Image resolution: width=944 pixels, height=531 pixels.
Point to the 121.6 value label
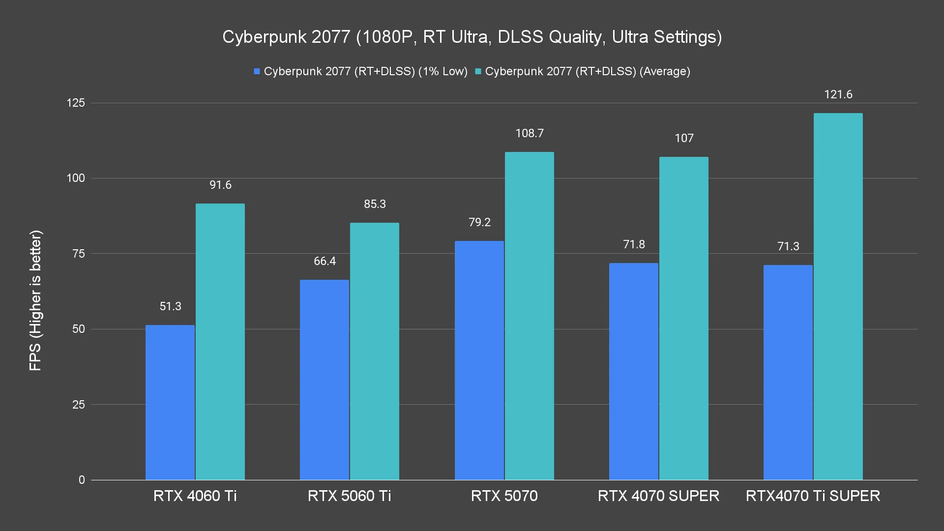pyautogui.click(x=838, y=94)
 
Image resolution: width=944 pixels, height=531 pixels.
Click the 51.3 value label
pyautogui.click(x=170, y=306)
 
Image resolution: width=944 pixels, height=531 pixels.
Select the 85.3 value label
pyautogui.click(x=375, y=204)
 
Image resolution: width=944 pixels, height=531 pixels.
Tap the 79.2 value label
pyautogui.click(x=479, y=222)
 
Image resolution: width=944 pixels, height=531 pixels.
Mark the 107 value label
pyautogui.click(x=684, y=138)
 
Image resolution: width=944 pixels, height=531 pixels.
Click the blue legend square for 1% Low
pyautogui.click(x=257, y=72)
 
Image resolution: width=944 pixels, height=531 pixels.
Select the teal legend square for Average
pyautogui.click(x=478, y=72)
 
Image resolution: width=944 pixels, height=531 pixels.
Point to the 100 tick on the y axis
pyautogui.click(x=76, y=178)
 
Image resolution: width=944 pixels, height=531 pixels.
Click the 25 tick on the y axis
pyautogui.click(x=79, y=405)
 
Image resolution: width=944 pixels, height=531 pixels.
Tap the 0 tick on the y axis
pyautogui.click(x=82, y=480)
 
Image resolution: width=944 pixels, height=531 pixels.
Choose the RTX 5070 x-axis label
pyautogui.click(x=504, y=496)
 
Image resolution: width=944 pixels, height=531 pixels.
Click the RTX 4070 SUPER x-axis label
pyautogui.click(x=658, y=496)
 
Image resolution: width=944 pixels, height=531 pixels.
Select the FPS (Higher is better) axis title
pyautogui.click(x=35, y=300)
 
